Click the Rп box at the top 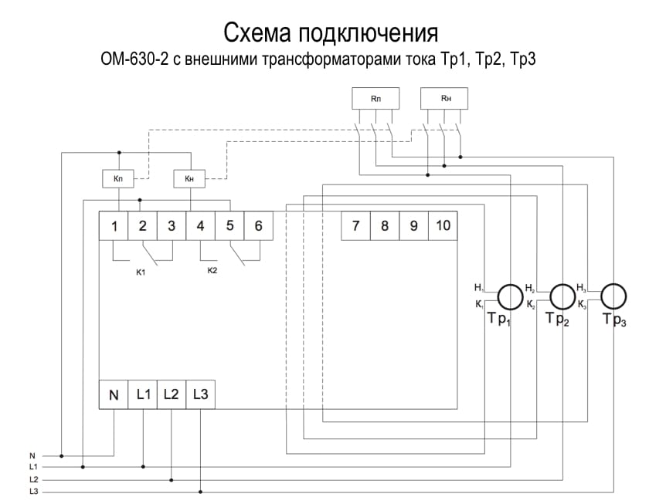pos(375,99)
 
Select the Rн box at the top pos(445,99)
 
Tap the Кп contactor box pos(117,179)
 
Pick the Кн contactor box pos(189,179)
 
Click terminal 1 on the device pos(114,225)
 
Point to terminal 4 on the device pos(200,225)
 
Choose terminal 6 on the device pos(258,225)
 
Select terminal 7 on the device pos(355,225)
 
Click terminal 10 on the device pos(443,225)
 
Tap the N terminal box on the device pos(114,395)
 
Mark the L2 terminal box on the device pos(172,395)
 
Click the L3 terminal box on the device pos(200,395)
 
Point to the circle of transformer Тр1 pos(509,296)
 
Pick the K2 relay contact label pos(212,271)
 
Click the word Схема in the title pos(258,33)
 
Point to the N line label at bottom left pos(32,455)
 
